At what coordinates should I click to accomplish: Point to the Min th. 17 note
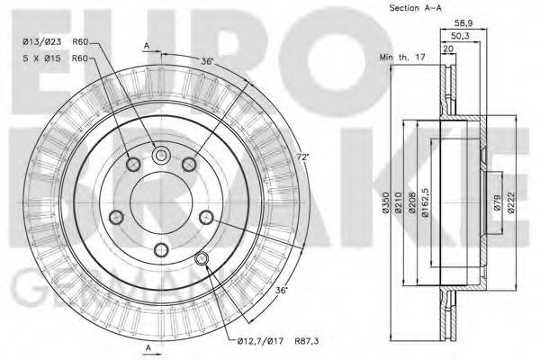(x=400, y=58)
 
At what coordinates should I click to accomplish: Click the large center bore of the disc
(x=161, y=195)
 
